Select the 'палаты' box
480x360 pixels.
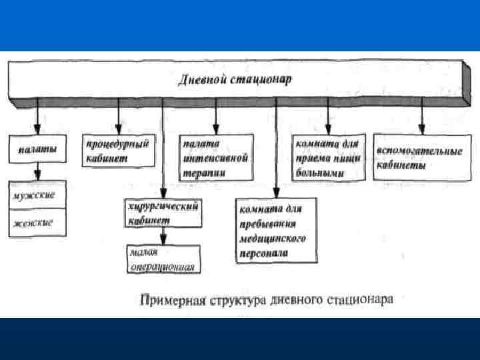(37, 149)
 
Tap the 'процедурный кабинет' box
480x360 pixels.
(118, 150)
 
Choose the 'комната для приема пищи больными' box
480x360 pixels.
(327, 157)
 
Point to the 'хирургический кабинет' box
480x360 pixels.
(163, 213)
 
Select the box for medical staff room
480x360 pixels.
(272, 228)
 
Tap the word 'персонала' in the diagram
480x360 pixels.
(263, 254)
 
